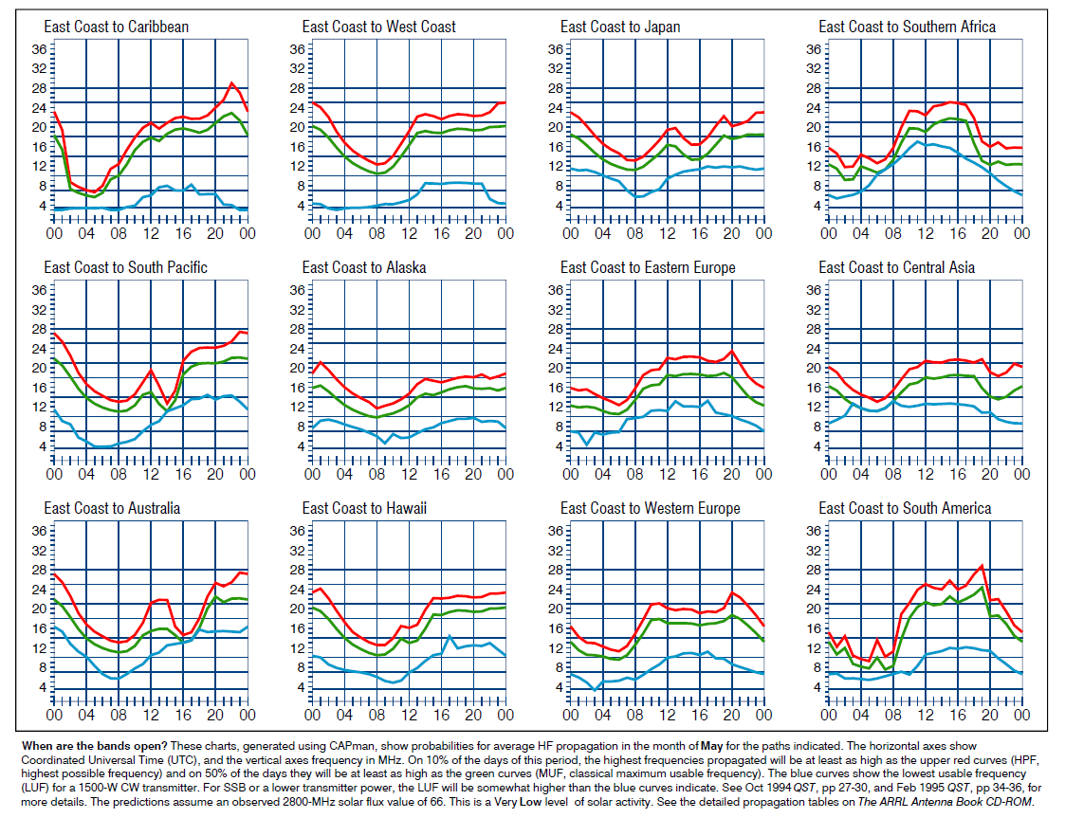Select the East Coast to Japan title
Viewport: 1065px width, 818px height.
[619, 27]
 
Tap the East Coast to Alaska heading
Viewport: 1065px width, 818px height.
[363, 267]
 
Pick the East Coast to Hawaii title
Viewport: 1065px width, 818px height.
[364, 509]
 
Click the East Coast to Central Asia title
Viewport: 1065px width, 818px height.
[896, 267]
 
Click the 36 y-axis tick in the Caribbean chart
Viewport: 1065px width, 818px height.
[34, 49]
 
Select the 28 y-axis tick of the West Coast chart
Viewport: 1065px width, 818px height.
[293, 88]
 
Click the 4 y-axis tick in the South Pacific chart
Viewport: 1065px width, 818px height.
[38, 445]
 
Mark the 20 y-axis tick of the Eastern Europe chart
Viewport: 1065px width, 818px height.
[551, 368]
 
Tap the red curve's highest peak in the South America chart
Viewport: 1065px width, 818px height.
[982, 566]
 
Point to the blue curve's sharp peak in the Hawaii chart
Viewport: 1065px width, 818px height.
[450, 636]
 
